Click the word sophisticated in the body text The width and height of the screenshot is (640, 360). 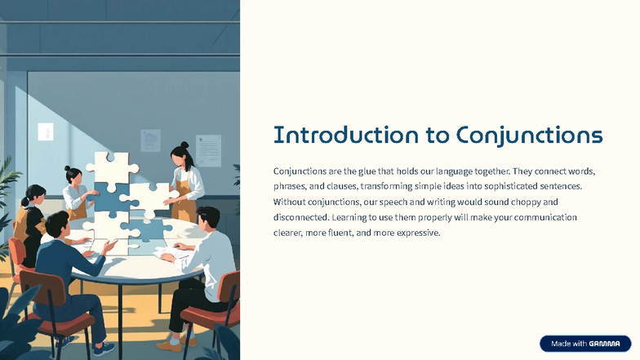click(502, 187)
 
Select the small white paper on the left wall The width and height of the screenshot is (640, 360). click(46, 131)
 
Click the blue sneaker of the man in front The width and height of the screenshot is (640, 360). click(104, 349)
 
